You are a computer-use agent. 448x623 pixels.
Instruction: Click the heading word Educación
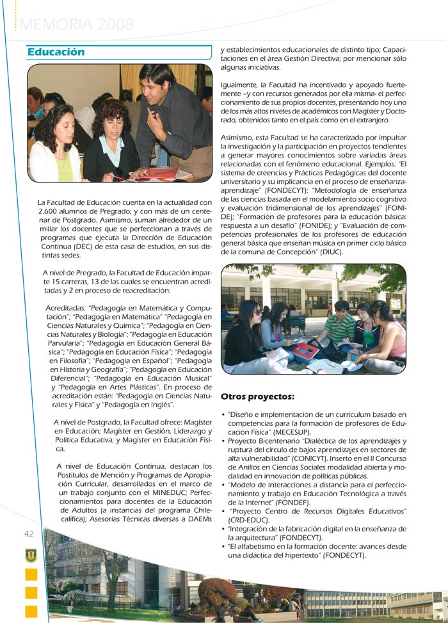pos(56,52)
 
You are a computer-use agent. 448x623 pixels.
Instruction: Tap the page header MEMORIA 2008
pos(77,25)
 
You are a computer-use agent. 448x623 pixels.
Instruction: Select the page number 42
pos(29,534)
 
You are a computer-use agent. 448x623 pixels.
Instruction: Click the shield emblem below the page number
pos(31,555)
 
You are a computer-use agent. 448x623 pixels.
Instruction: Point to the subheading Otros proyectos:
pos(257,396)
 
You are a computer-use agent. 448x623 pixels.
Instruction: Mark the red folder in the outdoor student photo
pos(306,350)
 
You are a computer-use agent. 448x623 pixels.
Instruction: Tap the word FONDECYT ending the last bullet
pos(345,556)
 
